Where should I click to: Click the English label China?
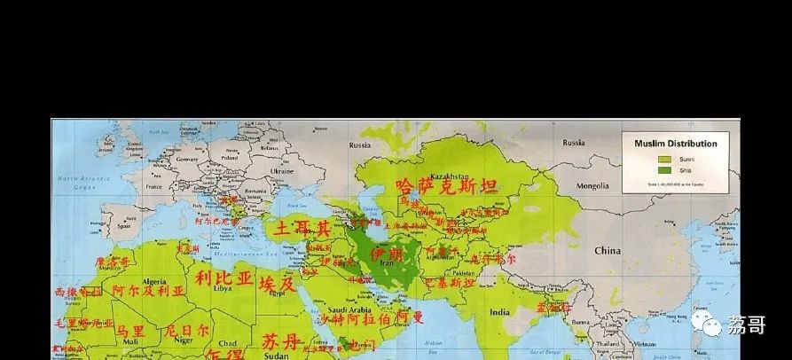click(x=609, y=251)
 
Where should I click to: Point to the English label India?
click(x=499, y=312)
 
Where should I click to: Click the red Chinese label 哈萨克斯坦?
click(x=447, y=186)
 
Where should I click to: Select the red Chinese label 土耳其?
click(x=302, y=229)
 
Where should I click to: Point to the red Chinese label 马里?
click(x=129, y=330)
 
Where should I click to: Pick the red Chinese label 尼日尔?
click(x=187, y=330)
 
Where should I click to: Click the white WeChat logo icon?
click(x=713, y=325)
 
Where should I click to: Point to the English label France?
click(x=154, y=188)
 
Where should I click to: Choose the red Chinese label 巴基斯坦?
click(x=451, y=283)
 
